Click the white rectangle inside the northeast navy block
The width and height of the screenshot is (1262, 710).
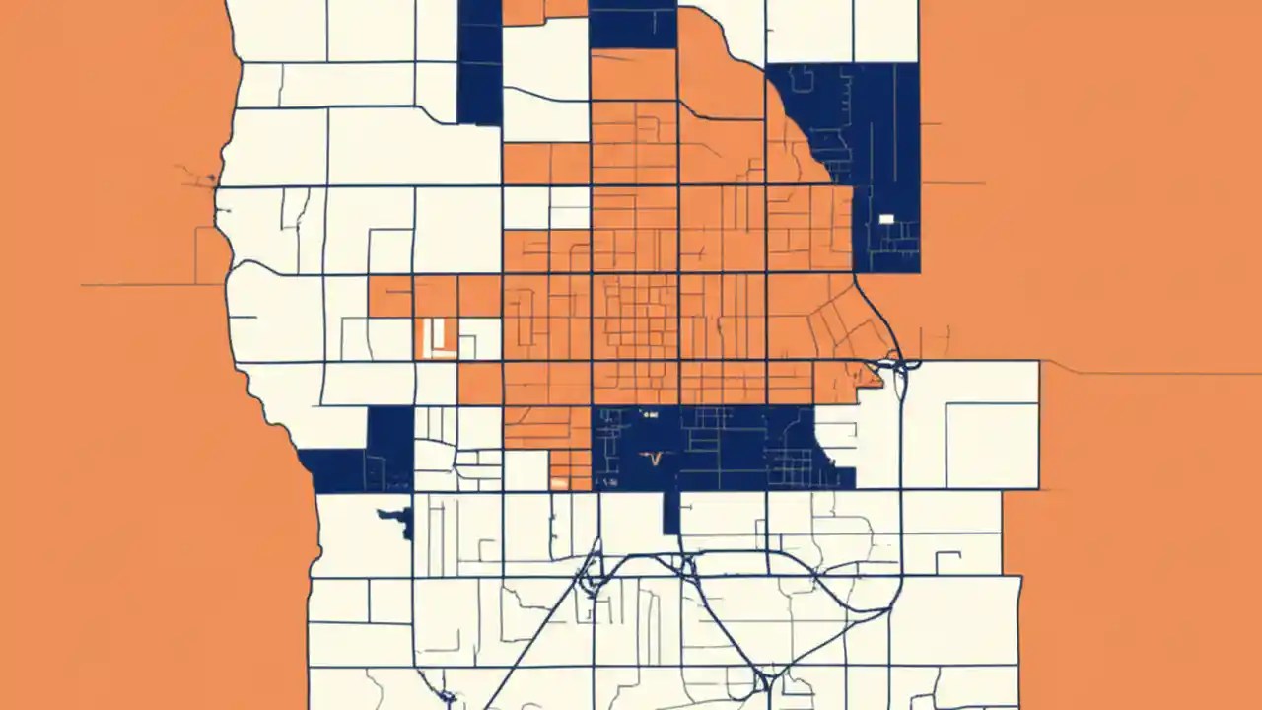885,218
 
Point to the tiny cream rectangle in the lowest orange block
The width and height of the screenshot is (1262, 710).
559,483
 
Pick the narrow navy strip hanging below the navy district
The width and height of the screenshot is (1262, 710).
671,512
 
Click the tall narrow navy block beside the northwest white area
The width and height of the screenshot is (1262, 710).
480,61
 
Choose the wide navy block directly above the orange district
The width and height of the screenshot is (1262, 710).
633,24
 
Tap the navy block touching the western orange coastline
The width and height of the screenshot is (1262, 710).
338,470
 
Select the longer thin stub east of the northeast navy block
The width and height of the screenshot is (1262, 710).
954,183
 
